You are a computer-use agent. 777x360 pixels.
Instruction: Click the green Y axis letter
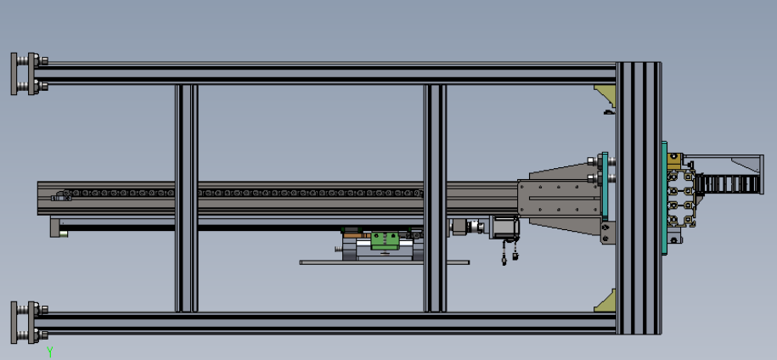pyautogui.click(x=49, y=352)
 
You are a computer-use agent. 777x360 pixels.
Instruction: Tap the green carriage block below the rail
pyautogui.click(x=385, y=240)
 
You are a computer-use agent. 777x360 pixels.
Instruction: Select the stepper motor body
pyautogui.click(x=504, y=228)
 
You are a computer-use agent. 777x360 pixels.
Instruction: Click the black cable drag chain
pyautogui.click(x=726, y=183)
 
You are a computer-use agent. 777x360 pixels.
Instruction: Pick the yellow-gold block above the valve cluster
pyautogui.click(x=674, y=161)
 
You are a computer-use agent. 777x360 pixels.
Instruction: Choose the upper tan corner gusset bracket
pyautogui.click(x=605, y=95)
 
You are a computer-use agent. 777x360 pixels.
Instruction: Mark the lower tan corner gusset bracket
pyautogui.click(x=605, y=301)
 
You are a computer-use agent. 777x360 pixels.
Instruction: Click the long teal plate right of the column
pyautogui.click(x=665, y=198)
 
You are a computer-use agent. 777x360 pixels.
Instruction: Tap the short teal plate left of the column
pyautogui.click(x=605, y=186)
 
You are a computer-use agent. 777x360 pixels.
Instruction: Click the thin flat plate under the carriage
pyautogui.click(x=385, y=262)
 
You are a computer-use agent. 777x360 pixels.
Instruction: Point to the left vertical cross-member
pyautogui.click(x=186, y=198)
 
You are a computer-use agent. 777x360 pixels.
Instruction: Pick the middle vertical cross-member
pyautogui.click(x=435, y=198)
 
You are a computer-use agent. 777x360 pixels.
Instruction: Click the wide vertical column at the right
pyautogui.click(x=639, y=198)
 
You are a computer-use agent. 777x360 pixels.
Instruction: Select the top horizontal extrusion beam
pyautogui.click(x=324, y=73)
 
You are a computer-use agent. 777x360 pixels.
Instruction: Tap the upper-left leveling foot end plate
pyautogui.click(x=14, y=74)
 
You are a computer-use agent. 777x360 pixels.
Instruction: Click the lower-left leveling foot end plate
pyautogui.click(x=14, y=323)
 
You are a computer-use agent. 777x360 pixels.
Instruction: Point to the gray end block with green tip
pyautogui.click(x=58, y=228)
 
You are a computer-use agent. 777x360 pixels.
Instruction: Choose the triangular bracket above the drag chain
pyautogui.click(x=746, y=165)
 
